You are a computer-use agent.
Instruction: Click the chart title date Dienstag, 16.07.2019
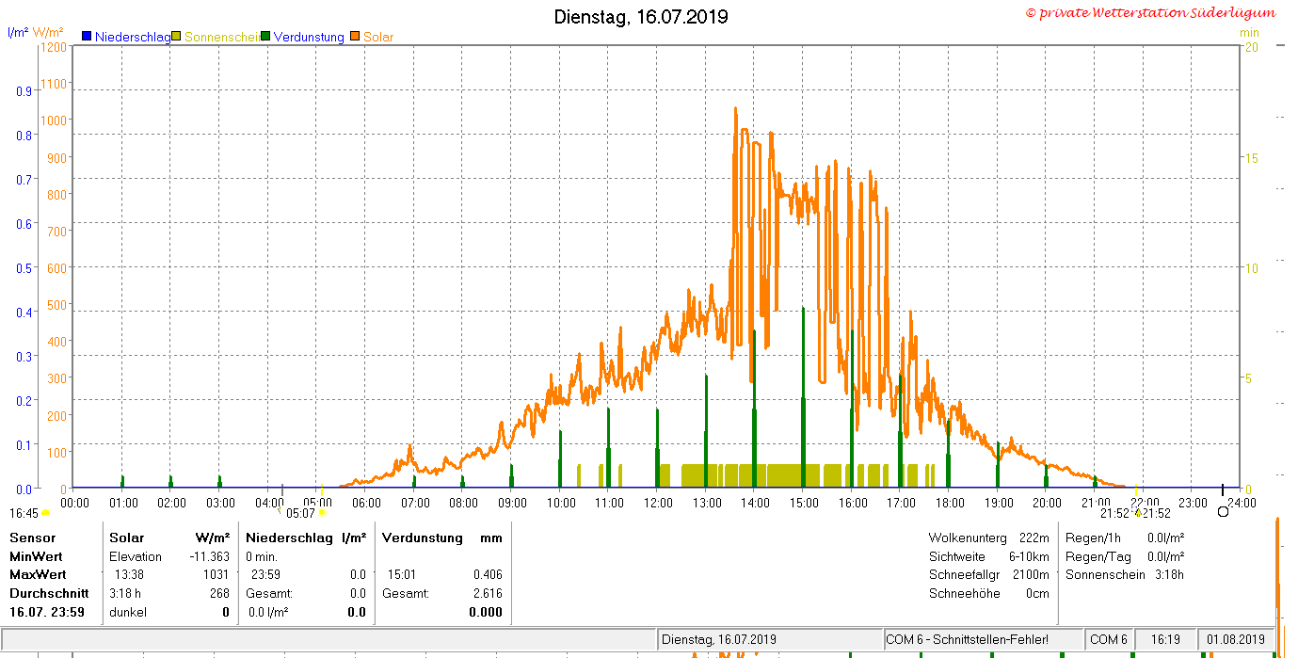tap(641, 16)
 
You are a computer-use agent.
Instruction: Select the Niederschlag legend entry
tap(127, 37)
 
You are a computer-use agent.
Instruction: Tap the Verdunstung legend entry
tap(303, 37)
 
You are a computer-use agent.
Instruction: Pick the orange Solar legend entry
tap(373, 37)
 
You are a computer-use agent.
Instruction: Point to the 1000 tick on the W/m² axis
tap(54, 120)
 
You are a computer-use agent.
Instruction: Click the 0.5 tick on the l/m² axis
tap(24, 268)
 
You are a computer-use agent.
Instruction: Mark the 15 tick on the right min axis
tap(1252, 158)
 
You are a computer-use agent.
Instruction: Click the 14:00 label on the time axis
tap(755, 503)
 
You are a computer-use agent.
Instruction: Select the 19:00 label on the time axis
tap(999, 503)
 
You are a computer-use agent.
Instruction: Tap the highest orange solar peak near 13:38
tap(736, 109)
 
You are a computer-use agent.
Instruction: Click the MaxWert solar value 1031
tap(216, 575)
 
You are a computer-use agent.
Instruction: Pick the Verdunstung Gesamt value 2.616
tap(488, 593)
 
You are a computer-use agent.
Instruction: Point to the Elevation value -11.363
tap(209, 556)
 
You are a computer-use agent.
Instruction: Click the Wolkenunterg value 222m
tap(1034, 538)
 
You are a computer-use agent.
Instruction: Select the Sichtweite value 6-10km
tap(1029, 556)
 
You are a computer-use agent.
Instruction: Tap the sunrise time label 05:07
tap(300, 514)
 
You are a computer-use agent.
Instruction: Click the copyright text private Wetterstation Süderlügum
tap(1151, 13)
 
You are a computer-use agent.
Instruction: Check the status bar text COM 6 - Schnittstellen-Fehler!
tap(967, 639)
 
